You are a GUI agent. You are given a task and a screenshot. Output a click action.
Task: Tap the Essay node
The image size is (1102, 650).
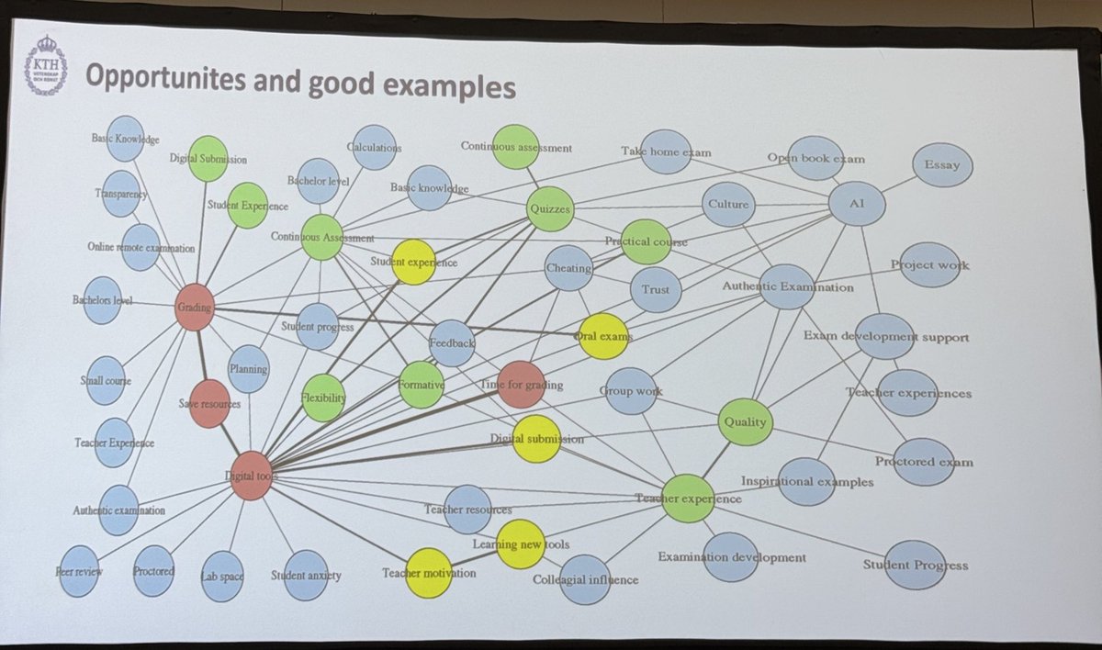point(942,166)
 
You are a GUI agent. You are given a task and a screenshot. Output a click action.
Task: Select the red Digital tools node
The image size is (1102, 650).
point(251,476)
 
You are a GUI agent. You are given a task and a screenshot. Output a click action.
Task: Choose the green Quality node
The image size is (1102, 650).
point(745,421)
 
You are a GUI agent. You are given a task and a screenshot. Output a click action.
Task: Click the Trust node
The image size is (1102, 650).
point(656,289)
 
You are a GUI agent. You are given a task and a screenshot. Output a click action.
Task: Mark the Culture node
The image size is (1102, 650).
point(729,204)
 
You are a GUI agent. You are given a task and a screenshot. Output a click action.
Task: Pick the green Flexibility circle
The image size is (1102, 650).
point(324,398)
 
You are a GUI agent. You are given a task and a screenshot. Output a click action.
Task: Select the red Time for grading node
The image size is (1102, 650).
point(521,385)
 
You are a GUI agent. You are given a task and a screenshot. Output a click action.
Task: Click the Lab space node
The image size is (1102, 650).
point(223,576)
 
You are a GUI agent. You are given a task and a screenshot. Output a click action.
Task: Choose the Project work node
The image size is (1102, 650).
point(929,265)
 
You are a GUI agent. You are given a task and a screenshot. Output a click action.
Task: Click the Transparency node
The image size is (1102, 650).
point(121,194)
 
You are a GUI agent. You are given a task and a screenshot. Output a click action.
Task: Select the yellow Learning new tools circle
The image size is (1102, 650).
point(521,544)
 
